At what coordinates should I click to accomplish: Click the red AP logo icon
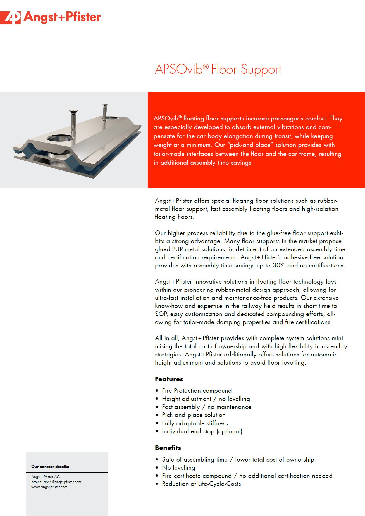[10, 18]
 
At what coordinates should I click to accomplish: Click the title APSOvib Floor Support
[218, 69]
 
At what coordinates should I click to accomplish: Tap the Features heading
[169, 379]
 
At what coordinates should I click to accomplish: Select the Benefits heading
[168, 448]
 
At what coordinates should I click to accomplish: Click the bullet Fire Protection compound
[197, 390]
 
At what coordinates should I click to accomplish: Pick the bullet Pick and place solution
[194, 415]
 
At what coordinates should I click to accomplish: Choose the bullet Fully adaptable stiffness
[195, 423]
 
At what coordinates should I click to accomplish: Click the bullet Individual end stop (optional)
[202, 431]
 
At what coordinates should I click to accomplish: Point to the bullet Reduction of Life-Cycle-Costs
[201, 484]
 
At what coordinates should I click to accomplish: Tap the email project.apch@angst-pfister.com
[56, 482]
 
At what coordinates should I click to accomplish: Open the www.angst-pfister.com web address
[49, 487]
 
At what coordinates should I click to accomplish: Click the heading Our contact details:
[50, 467]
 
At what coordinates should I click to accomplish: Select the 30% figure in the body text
[279, 265]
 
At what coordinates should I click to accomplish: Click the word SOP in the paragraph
[161, 314]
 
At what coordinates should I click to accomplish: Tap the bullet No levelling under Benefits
[178, 467]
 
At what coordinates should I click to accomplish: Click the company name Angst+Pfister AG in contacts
[46, 477]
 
